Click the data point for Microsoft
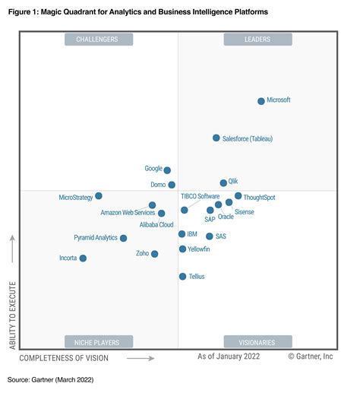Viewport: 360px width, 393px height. pos(261,100)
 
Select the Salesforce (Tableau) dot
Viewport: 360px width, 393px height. pos(216,138)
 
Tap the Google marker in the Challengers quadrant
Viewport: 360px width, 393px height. pos(167,170)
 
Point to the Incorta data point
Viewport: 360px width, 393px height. pos(83,258)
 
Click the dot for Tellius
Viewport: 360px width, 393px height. pos(182,277)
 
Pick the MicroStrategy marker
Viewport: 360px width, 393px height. pos(98,196)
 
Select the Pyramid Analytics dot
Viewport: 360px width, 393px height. pos(123,238)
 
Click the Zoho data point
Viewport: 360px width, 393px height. pos(154,254)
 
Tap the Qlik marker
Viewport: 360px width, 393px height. pos(223,182)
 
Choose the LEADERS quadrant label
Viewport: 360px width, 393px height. pos(257,38)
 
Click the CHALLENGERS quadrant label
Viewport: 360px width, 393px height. pos(98,38)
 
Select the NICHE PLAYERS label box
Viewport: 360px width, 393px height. pos(98,341)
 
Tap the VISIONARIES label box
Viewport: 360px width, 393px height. pos(257,341)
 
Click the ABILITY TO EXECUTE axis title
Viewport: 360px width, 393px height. pos(12,315)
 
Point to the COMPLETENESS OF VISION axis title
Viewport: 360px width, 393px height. pos(64,357)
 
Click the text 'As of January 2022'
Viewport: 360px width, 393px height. pos(229,357)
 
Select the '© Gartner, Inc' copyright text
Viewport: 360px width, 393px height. pos(310,357)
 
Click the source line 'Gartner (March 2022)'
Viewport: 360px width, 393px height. pos(61,378)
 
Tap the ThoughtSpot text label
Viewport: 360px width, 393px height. pos(260,198)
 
